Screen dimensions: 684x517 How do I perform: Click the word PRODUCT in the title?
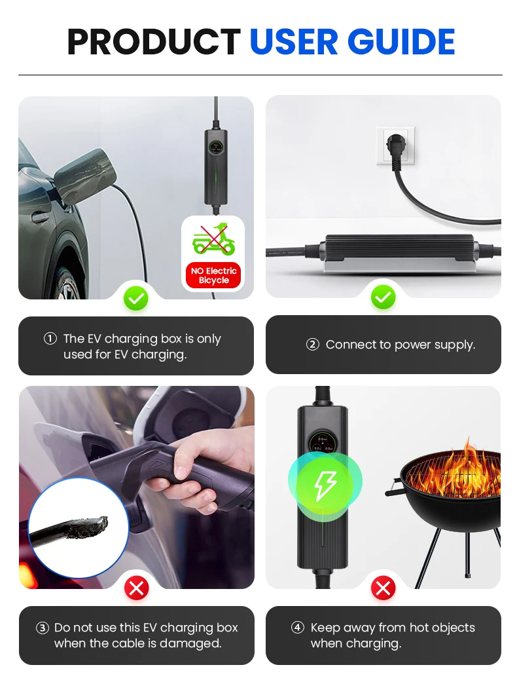coord(154,42)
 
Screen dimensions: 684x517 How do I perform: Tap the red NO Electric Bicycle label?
coord(213,275)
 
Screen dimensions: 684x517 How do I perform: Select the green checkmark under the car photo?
coord(136,299)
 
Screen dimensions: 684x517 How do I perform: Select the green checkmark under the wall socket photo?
coord(383,299)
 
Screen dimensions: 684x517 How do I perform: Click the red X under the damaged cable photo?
coord(136,588)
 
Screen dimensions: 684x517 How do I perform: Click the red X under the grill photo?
coord(383,588)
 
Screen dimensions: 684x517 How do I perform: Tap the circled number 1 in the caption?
coord(50,339)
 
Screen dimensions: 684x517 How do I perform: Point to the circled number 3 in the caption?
coord(43,628)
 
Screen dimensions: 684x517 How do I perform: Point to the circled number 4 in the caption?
coord(298,628)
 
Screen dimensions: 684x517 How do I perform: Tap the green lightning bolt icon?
coord(325,485)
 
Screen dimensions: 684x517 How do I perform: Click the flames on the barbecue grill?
coord(468,468)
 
